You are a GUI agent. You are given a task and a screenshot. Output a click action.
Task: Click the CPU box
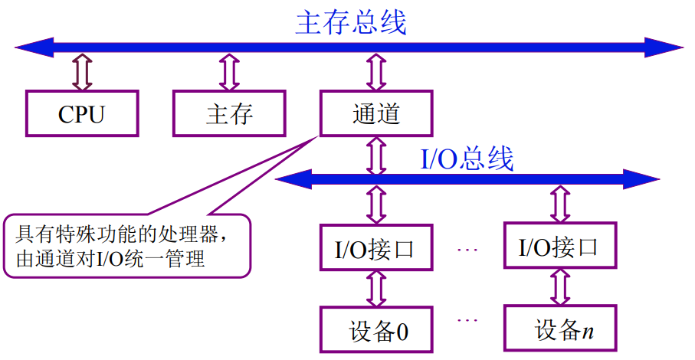pyautogui.click(x=82, y=114)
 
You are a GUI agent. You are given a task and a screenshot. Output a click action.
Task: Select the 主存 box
pyautogui.click(x=229, y=114)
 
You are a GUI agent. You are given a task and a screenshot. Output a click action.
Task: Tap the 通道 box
pyautogui.click(x=376, y=114)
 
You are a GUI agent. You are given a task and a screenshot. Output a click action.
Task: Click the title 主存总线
pyautogui.click(x=350, y=23)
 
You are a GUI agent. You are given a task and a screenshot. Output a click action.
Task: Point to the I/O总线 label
pyautogui.click(x=467, y=159)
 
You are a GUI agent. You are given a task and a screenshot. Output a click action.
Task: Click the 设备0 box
pyautogui.click(x=376, y=330)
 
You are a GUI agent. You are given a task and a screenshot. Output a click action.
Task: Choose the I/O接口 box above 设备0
pyautogui.click(x=376, y=247)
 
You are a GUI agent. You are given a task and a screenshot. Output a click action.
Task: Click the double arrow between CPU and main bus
pyautogui.click(x=82, y=72)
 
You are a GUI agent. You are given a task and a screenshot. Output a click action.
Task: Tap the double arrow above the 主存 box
pyautogui.click(x=229, y=72)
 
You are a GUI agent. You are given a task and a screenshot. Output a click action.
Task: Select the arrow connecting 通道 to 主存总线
pyautogui.click(x=376, y=72)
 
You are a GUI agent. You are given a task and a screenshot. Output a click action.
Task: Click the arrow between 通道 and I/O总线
pyautogui.click(x=376, y=155)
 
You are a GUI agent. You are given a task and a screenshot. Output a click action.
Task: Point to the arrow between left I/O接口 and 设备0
pyautogui.click(x=376, y=289)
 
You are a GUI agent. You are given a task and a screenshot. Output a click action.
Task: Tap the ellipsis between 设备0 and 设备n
pyautogui.click(x=468, y=320)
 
